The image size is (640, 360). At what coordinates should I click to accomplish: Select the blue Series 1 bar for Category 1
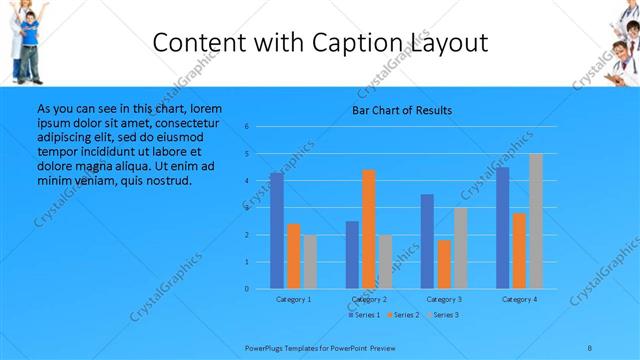277,231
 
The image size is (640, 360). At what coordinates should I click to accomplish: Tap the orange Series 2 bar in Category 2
369,229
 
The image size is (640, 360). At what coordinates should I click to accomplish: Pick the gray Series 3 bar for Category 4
536,221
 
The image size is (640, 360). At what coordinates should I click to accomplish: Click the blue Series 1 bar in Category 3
428,241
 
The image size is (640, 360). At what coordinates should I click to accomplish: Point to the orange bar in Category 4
519,250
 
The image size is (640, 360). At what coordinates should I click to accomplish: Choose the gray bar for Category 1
310,262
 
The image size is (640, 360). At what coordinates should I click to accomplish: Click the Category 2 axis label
369,299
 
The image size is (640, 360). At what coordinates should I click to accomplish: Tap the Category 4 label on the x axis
519,299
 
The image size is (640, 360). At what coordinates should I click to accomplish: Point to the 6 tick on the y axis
247,127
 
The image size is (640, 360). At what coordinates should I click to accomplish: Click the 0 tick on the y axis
247,289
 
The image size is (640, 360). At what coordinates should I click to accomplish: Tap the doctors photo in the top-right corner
622,40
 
